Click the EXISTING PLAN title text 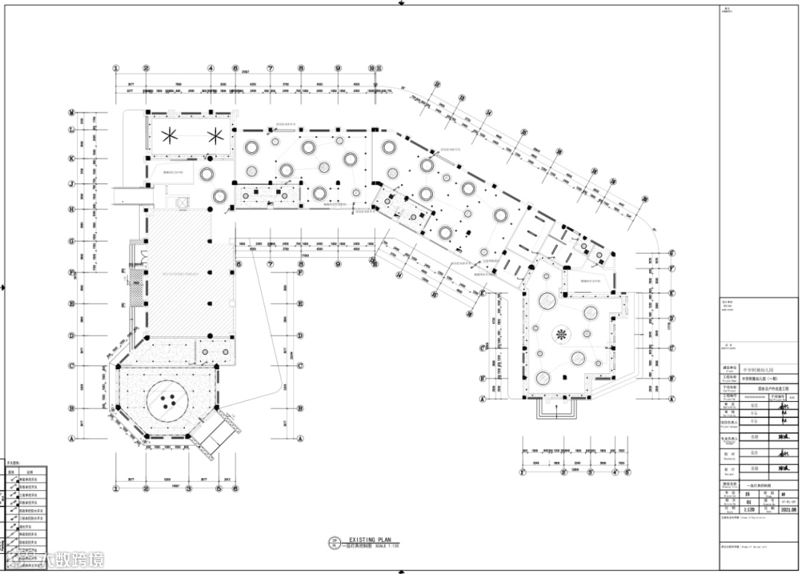[369, 540]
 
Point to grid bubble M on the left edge [72, 113]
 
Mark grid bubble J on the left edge [72, 183]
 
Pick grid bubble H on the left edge [72, 209]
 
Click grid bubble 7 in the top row [270, 68]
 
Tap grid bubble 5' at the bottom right [627, 472]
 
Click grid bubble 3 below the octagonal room [189, 489]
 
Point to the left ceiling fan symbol [169, 135]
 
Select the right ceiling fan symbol [216, 135]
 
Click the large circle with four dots [166, 402]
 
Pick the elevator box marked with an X [180, 202]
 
